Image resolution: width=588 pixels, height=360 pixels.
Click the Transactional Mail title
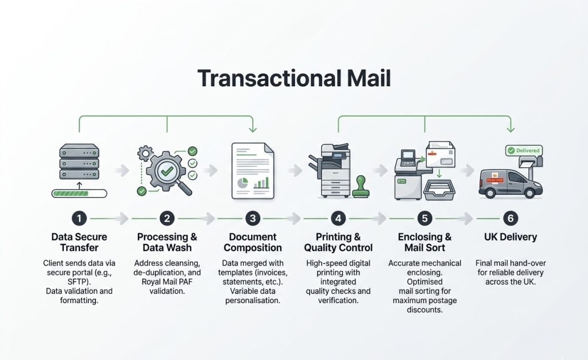coord(294,79)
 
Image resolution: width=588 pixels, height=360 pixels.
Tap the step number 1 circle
coord(79,218)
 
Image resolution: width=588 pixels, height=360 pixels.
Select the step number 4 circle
coord(338,218)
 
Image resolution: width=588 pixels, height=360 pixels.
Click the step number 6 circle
coord(510,218)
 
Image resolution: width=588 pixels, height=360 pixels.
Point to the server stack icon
coord(79,161)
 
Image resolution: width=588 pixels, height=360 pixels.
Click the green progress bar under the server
coord(79,193)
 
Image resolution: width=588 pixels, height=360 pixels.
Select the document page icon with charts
coord(253,171)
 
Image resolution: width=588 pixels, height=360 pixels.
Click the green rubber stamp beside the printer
coord(361,187)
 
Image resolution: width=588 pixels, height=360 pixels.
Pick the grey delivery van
coord(510,183)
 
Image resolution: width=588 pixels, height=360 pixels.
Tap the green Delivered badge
coord(524,150)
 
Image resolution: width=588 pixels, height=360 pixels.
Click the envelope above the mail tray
coord(440,154)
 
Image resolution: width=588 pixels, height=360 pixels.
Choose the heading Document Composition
coord(253,242)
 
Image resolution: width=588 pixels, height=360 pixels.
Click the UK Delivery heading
coord(510,237)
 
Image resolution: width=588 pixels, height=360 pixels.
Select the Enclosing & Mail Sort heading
coord(424,242)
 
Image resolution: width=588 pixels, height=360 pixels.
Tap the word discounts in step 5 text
coord(424,309)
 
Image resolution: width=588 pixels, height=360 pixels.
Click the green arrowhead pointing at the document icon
coord(253,129)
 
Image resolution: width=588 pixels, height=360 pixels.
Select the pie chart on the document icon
coord(243,183)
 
